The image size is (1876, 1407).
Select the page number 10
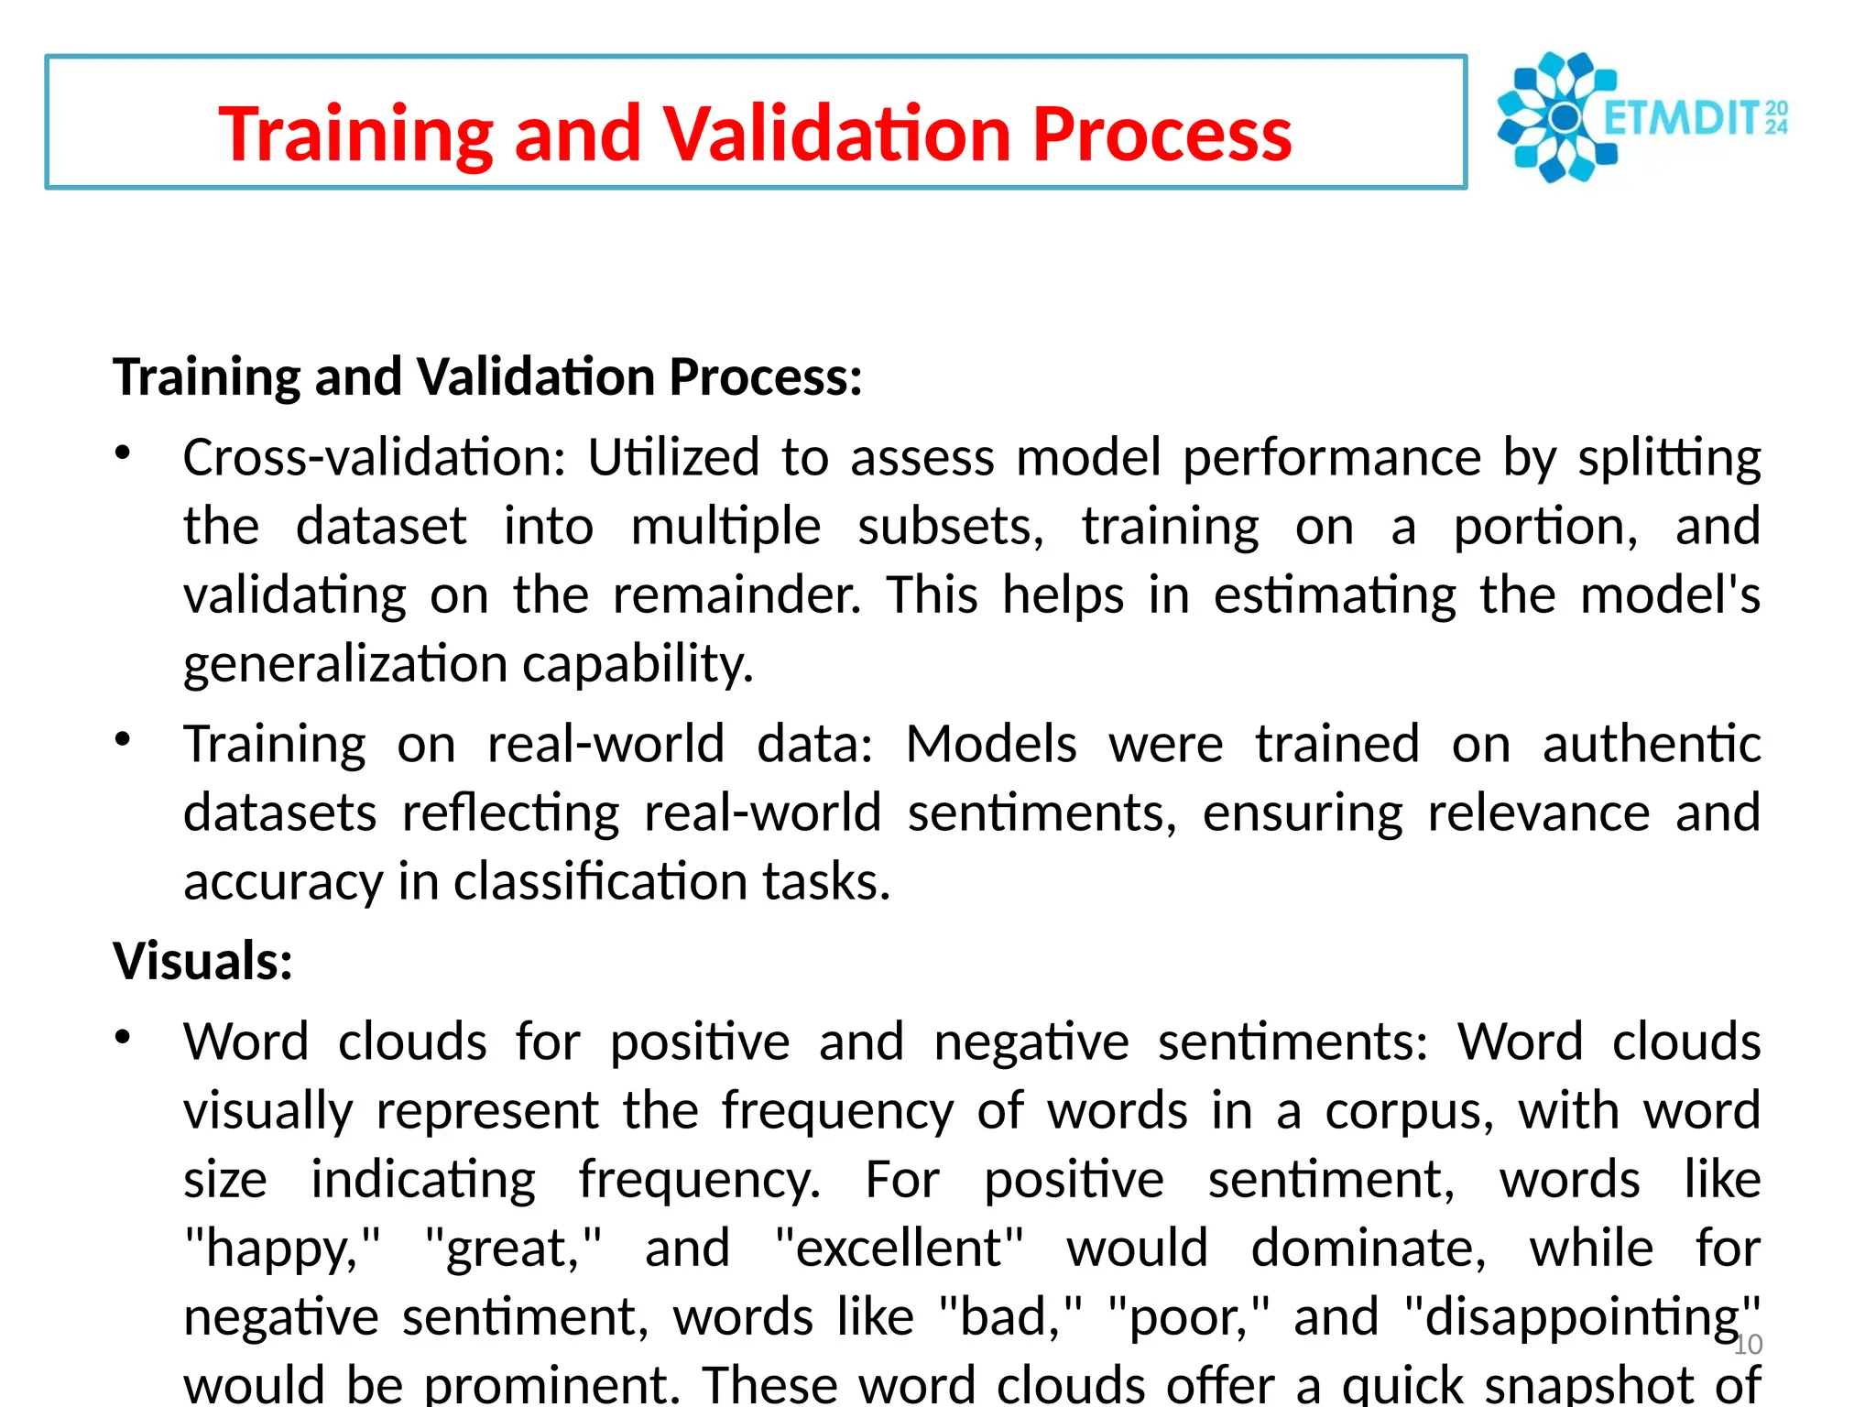1748,1345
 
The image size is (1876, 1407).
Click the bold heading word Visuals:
202,962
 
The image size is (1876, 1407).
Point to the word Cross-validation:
375,457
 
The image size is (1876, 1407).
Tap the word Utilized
673,457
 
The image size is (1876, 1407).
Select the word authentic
1651,743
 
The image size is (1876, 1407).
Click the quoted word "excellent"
899,1248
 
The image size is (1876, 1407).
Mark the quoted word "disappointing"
1582,1317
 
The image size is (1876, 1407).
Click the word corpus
1409,1111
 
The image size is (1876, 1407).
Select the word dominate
1369,1248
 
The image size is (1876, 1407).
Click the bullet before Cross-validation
123,453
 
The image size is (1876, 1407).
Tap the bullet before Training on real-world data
123,738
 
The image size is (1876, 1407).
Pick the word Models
991,743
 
